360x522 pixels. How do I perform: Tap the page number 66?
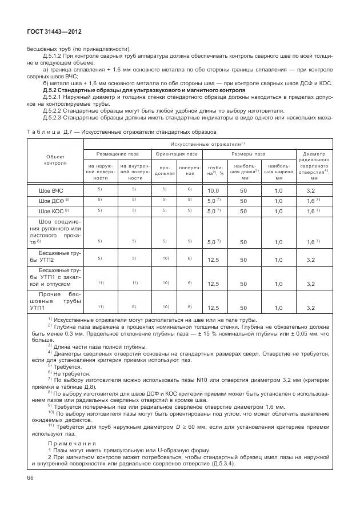tap(30, 477)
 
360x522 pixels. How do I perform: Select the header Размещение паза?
tap(117, 154)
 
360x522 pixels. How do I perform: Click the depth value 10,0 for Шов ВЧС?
tap(213, 190)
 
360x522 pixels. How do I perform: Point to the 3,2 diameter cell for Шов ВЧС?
tap(311, 190)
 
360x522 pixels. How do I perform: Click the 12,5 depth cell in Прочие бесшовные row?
tap(213, 308)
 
